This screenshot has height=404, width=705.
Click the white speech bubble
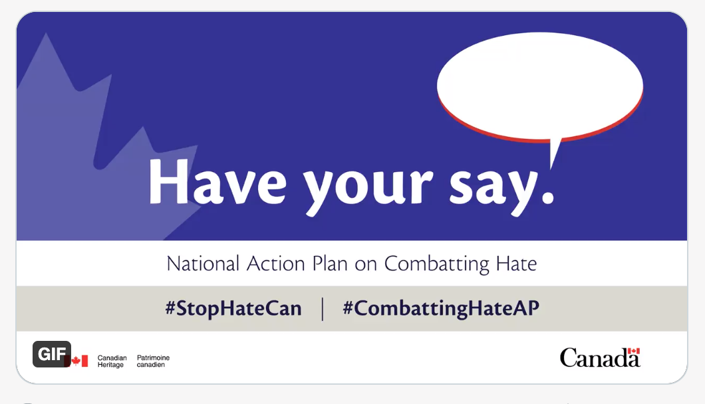(x=539, y=84)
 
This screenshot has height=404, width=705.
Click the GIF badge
(x=51, y=354)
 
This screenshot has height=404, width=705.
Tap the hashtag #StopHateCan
(x=233, y=309)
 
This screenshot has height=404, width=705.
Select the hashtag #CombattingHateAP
(x=441, y=309)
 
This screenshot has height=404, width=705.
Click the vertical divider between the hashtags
(x=323, y=309)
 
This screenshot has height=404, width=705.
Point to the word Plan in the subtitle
(x=330, y=264)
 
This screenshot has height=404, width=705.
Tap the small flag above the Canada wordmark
(x=633, y=352)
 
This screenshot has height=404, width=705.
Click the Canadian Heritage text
(x=112, y=361)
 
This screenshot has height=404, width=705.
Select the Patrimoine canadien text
(x=153, y=361)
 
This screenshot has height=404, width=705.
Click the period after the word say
(x=547, y=198)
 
